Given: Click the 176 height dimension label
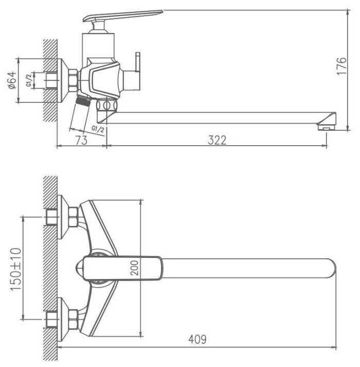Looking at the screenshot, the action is click(341, 66).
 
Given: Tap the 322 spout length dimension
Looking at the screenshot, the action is click(218, 140).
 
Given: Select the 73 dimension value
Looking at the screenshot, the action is click(81, 140).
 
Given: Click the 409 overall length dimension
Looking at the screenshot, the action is click(197, 339).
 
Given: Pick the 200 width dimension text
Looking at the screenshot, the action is click(134, 268).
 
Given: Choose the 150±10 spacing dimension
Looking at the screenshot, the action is click(15, 269).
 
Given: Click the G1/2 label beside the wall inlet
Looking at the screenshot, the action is click(29, 80).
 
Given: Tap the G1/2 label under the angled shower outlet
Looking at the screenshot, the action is click(98, 129).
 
